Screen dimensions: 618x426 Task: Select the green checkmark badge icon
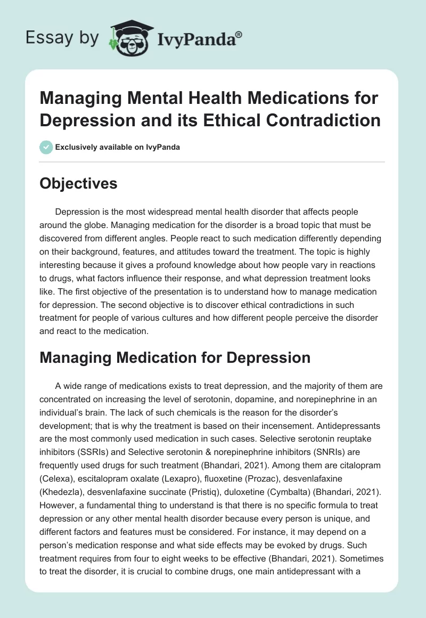point(46,147)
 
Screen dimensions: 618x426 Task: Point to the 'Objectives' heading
point(78,183)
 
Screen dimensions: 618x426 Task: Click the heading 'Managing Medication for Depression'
point(175,357)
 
